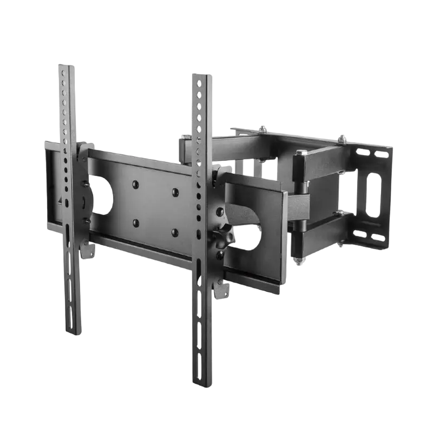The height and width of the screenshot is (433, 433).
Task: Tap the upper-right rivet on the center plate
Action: point(175,192)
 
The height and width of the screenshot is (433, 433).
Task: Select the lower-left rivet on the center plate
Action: point(135,222)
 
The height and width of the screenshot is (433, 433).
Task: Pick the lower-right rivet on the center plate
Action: point(175,232)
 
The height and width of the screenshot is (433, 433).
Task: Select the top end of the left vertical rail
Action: point(66,67)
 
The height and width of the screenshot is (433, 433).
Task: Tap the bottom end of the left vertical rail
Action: point(73,333)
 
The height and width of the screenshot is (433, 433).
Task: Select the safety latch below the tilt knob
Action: point(221,292)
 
